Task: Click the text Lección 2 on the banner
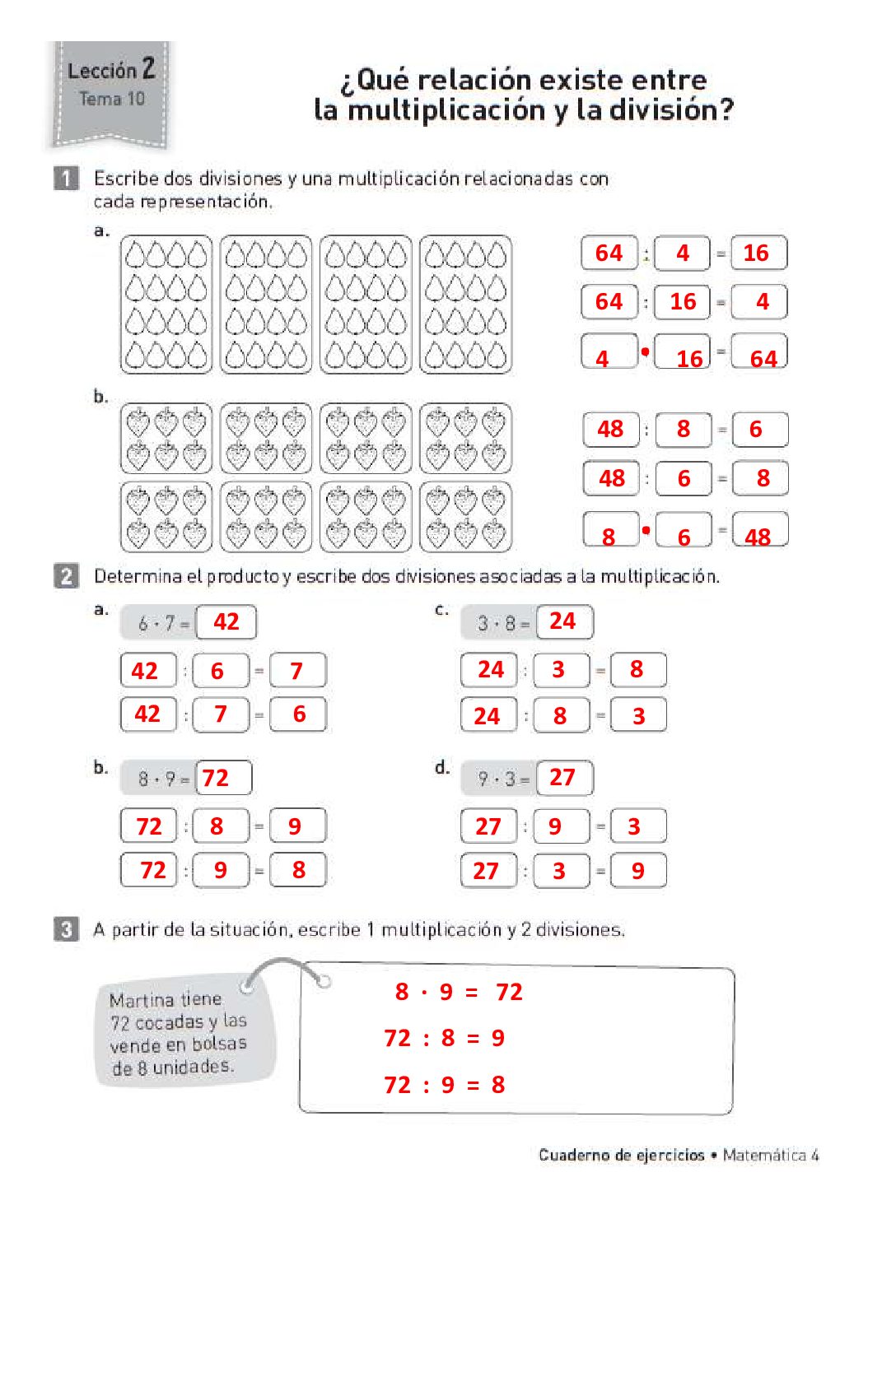point(111,70)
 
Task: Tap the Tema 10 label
point(112,99)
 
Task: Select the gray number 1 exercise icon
point(66,178)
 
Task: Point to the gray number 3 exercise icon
point(66,929)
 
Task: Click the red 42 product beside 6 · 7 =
point(226,621)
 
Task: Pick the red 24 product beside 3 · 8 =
point(562,621)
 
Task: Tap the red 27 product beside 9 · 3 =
point(562,777)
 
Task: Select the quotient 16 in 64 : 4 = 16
point(756,253)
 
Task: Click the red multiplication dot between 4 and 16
point(645,352)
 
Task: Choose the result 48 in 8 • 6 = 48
point(758,537)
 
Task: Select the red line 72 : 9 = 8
point(445,1085)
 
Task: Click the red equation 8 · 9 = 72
point(459,992)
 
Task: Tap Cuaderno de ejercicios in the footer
point(622,1155)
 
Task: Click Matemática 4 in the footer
point(771,1155)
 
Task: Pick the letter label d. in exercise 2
point(442,768)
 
